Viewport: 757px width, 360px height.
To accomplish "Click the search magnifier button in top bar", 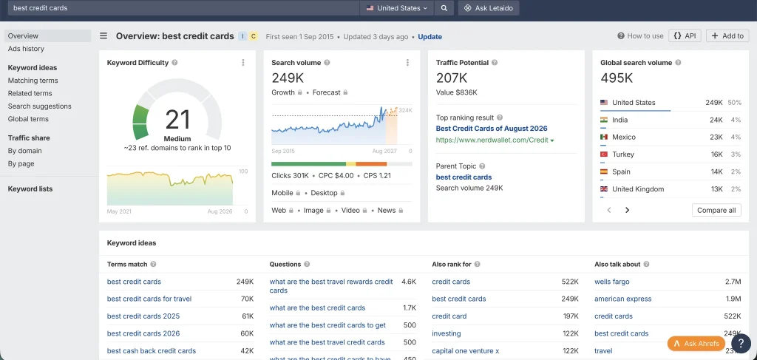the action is point(444,7).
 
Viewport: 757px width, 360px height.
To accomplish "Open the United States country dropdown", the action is point(397,7).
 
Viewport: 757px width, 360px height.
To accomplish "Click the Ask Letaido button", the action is point(489,7).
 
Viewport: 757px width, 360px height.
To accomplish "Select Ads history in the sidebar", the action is point(26,49).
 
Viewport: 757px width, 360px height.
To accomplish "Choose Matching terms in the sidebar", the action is point(33,81).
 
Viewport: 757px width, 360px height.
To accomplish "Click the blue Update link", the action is point(430,37).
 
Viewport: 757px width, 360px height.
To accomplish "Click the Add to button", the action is point(727,35).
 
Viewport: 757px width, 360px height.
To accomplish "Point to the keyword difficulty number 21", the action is point(177,120).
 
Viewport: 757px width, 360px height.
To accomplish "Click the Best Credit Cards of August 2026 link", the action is point(492,129).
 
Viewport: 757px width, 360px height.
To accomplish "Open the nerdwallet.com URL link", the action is point(495,140).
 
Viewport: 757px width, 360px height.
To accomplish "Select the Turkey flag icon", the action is point(603,154).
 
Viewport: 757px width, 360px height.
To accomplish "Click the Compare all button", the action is point(716,210).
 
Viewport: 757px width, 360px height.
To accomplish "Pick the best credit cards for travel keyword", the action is point(149,299).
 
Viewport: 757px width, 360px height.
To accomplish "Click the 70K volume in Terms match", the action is point(247,299).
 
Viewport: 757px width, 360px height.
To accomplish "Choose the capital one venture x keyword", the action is point(466,351).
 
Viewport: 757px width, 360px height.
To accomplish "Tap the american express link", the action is point(622,299).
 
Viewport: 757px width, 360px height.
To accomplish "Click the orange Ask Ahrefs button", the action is point(696,344).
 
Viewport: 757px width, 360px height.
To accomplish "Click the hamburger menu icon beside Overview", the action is point(103,35).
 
